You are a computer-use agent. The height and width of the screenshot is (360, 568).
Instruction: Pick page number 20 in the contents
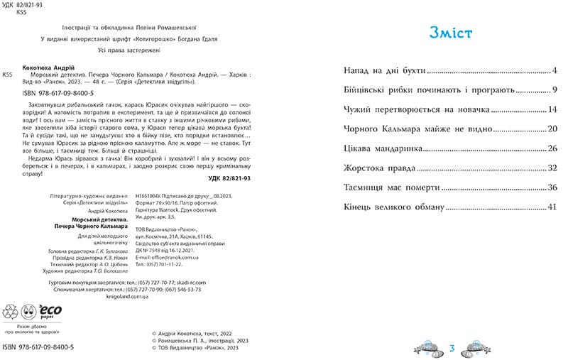coord(552,129)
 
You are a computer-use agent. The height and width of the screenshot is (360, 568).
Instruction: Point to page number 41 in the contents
coord(552,207)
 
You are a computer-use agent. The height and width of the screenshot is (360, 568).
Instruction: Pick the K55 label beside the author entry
coord(8,74)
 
